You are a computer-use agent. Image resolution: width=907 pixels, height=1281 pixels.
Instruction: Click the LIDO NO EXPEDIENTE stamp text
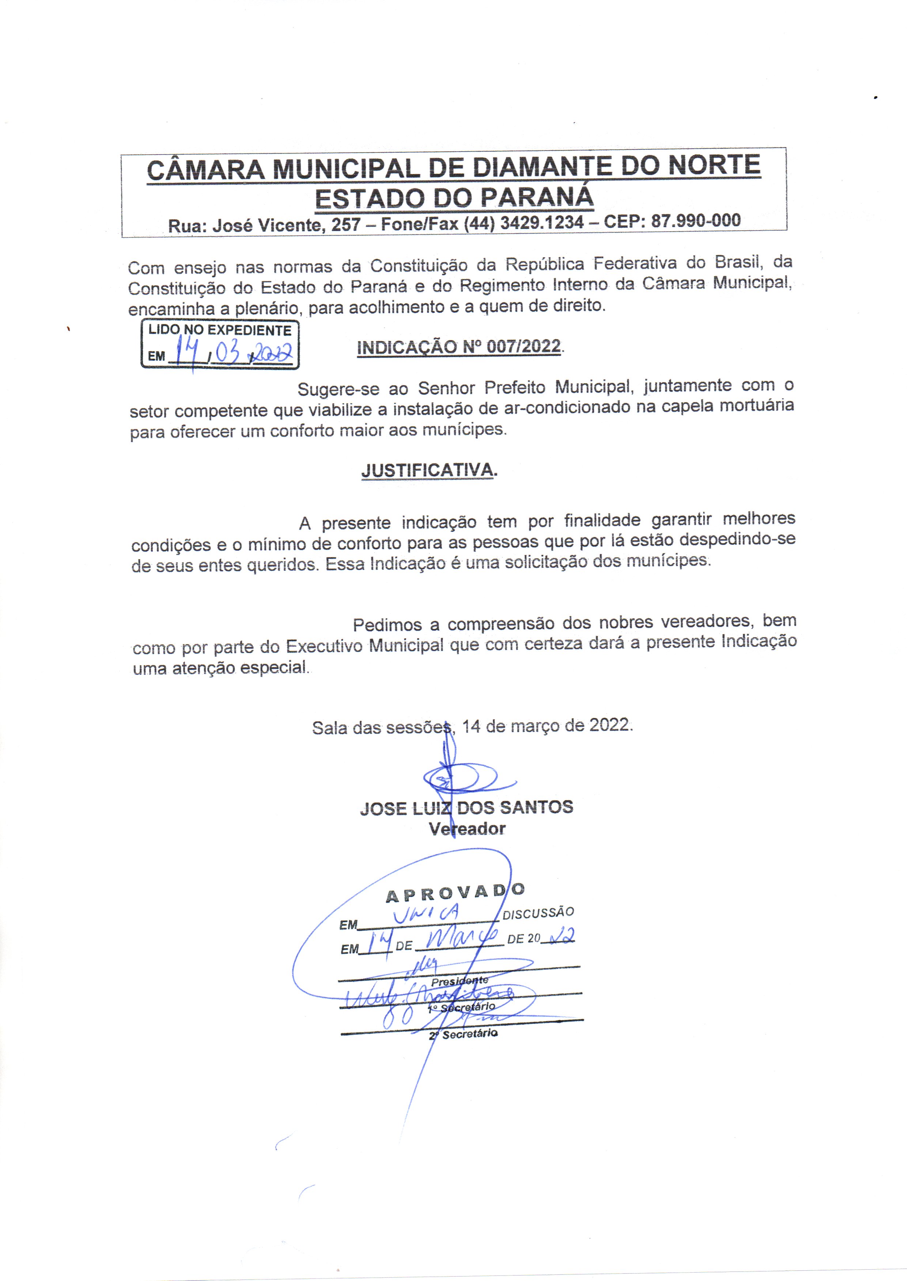tap(219, 330)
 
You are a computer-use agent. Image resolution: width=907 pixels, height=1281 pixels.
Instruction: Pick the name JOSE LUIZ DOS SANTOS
tap(466, 808)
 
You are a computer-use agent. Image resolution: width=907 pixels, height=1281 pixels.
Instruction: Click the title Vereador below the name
tap(467, 829)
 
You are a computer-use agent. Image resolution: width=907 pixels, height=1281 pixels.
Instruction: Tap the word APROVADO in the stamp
tap(455, 893)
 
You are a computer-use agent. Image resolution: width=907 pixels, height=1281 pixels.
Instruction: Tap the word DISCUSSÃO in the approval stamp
tap(538, 913)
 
